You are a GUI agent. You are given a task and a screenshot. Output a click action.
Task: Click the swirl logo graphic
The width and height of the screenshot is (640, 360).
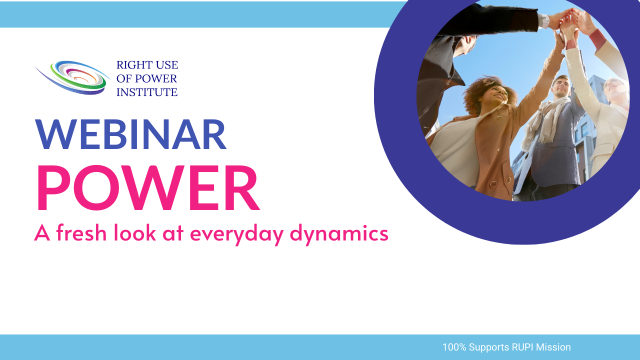coord(72,77)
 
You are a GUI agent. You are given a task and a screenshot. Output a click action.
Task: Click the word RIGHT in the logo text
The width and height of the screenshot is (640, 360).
coord(134,65)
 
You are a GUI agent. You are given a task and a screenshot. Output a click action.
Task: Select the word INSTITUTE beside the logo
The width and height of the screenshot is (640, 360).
coord(147,92)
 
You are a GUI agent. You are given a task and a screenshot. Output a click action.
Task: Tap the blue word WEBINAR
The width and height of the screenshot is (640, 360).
coord(131,134)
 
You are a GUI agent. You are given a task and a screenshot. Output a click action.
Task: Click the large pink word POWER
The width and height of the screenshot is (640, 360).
coord(148,187)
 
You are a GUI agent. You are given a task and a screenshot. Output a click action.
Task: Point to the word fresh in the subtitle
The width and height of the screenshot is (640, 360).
coord(81,232)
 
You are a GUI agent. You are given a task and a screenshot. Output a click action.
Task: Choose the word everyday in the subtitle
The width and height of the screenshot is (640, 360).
coord(237,234)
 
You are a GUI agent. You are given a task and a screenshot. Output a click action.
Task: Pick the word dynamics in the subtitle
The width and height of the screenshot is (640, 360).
coord(339,234)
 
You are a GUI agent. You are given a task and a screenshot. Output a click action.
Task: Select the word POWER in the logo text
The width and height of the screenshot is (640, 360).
coord(156,78)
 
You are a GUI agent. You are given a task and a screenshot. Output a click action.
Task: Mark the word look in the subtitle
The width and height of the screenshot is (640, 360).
coord(135,232)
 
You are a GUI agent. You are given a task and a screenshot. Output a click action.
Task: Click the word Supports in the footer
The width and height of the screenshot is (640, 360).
coord(489,347)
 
